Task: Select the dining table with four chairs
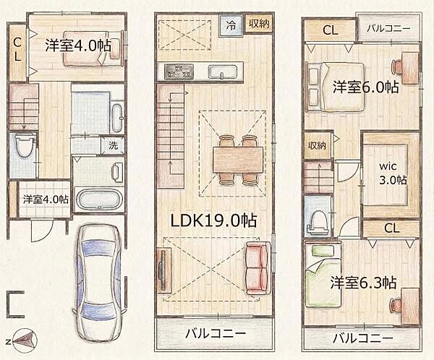pyautogui.click(x=238, y=159)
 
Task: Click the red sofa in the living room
pyautogui.click(x=258, y=268)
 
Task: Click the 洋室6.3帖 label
pyautogui.click(x=365, y=281)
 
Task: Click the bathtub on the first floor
pyautogui.click(x=100, y=199)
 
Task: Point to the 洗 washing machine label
pyautogui.click(x=113, y=145)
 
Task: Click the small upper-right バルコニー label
pyautogui.click(x=388, y=29)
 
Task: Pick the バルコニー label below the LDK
pyautogui.click(x=214, y=335)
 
